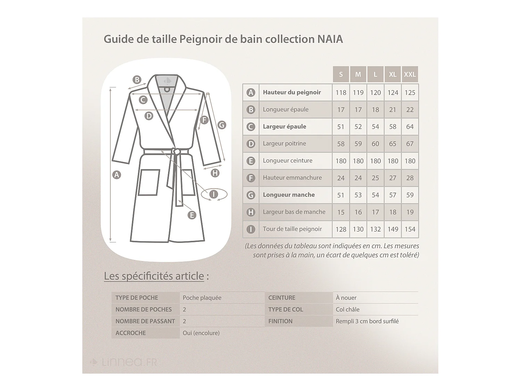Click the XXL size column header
tap(410, 74)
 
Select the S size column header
tap(341, 74)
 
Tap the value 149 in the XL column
tap(392, 229)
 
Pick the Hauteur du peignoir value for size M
tap(358, 93)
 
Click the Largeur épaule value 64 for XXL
tap(410, 127)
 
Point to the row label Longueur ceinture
tap(288, 161)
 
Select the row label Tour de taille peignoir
tap(292, 229)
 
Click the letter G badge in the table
tap(250, 195)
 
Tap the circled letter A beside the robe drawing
tap(117, 175)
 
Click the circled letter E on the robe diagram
tap(192, 215)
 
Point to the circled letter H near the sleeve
tap(215, 173)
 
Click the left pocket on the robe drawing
tap(149, 182)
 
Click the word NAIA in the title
tap(330, 39)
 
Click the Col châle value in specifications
tap(347, 310)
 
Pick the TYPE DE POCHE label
tap(137, 298)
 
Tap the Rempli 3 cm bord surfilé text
tap(367, 321)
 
